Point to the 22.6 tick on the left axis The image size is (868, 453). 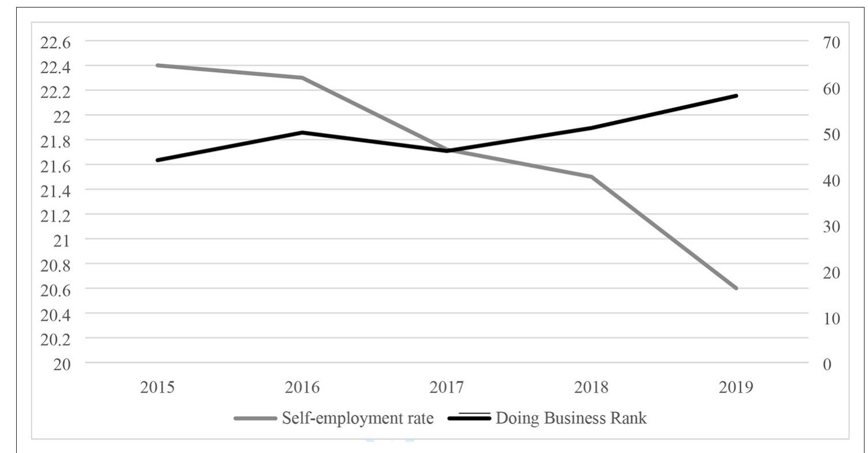pos(54,43)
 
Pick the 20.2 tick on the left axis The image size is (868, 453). pos(54,339)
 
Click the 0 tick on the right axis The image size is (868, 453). pos(827,364)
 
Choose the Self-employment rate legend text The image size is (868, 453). pos(357,418)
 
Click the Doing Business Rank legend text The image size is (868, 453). pos(572,418)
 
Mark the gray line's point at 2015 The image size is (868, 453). pos(157,65)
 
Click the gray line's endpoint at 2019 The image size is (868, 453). pos(736,288)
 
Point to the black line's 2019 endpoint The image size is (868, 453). pos(736,95)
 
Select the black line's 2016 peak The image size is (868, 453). pos(302,132)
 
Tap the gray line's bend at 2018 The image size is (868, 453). pos(591,176)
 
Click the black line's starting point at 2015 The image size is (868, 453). pos(157,160)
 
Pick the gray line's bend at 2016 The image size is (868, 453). pos(302,78)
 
